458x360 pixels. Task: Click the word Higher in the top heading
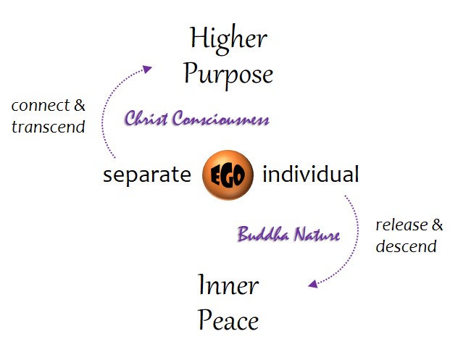click(228, 39)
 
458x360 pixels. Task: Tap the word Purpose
click(228, 75)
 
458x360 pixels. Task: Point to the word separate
click(147, 175)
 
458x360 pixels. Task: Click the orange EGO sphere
click(228, 174)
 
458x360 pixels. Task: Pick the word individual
click(310, 174)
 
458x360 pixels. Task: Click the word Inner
click(228, 285)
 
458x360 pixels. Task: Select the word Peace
click(228, 319)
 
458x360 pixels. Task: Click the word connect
click(41, 106)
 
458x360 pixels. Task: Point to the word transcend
click(49, 127)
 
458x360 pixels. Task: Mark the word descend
click(406, 246)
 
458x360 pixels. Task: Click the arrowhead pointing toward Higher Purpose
click(148, 69)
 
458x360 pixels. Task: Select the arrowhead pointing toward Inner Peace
click(312, 285)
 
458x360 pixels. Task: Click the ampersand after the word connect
click(80, 106)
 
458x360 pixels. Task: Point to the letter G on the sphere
click(228, 175)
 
